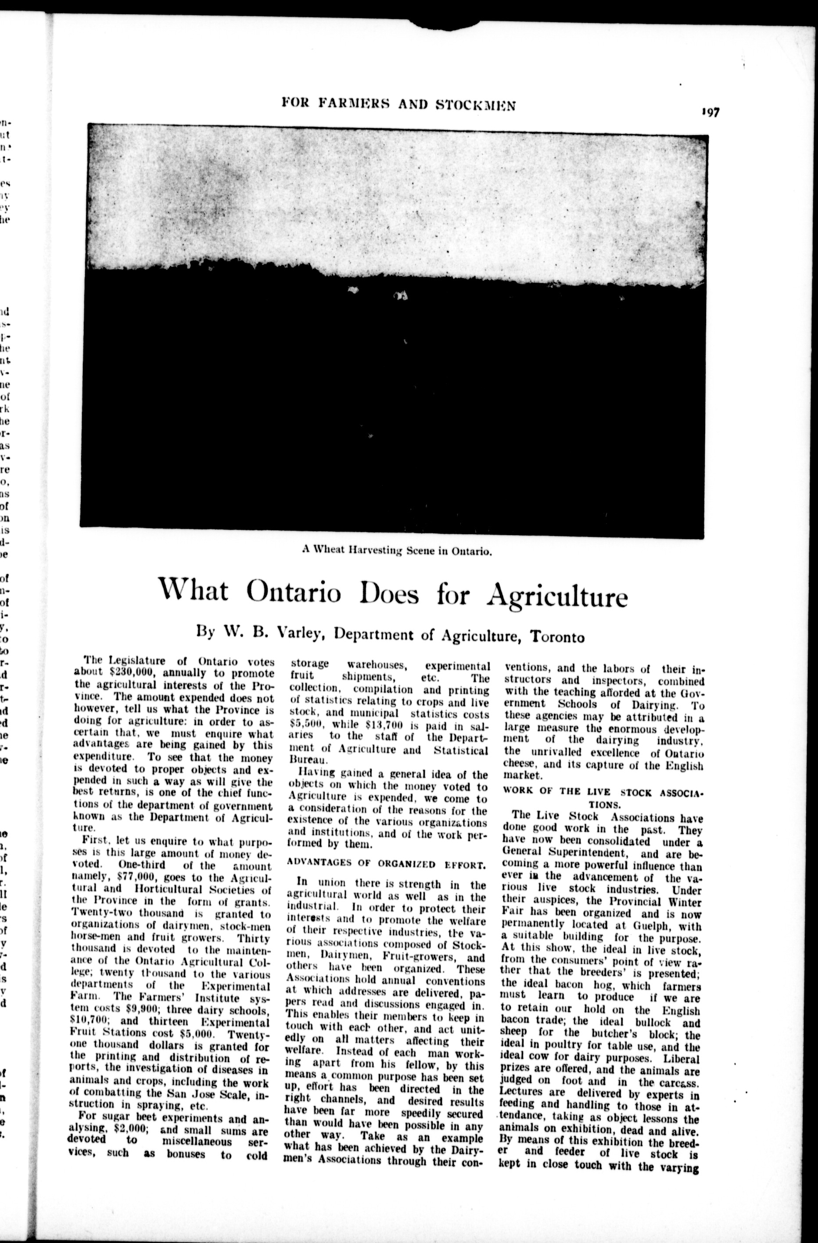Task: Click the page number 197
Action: click(710, 113)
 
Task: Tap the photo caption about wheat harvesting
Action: click(397, 550)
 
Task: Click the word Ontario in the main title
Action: click(294, 592)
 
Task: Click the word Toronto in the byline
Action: click(557, 637)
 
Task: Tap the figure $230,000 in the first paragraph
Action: click(129, 673)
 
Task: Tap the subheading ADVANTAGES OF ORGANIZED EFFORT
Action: click(387, 863)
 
